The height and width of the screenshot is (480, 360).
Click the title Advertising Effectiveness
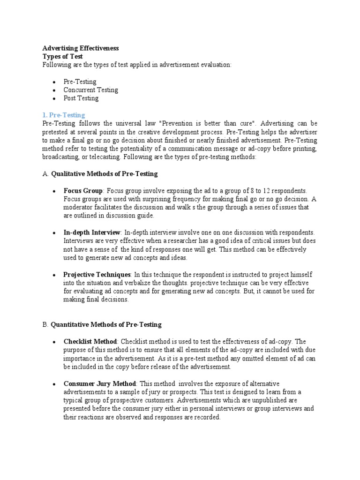click(x=80, y=48)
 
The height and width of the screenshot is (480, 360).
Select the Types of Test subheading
click(x=62, y=56)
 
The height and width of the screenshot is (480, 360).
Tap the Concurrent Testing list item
click(x=91, y=90)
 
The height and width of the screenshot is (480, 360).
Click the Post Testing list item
click(x=81, y=98)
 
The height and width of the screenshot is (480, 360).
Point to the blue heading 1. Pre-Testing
click(x=64, y=115)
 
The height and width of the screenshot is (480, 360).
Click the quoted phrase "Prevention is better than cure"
click(x=208, y=124)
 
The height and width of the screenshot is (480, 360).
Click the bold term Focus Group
click(x=83, y=191)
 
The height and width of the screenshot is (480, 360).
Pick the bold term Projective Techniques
click(x=97, y=274)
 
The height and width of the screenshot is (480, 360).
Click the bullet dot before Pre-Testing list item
click(x=54, y=82)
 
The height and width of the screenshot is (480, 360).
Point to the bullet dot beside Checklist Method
click(x=54, y=342)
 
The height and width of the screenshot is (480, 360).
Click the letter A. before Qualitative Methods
click(x=45, y=174)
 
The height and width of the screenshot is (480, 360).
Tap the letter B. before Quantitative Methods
click(x=45, y=324)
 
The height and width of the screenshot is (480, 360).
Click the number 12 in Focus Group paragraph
click(x=267, y=191)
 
